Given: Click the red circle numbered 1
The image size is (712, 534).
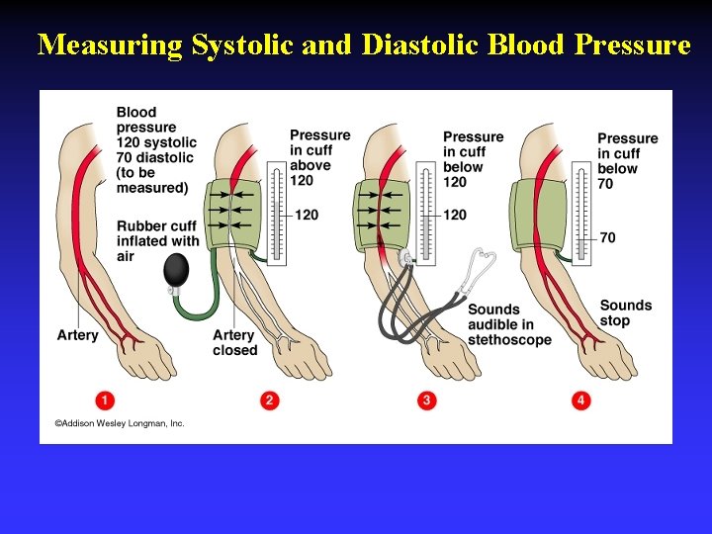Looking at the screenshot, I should pos(105,400).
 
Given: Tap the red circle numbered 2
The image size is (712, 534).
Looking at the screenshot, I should pos(269,400).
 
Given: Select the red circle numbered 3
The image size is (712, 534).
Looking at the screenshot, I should pos(426,400).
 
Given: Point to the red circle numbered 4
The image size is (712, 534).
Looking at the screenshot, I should pos(581,400).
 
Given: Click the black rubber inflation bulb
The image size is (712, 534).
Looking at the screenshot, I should pos(178,269).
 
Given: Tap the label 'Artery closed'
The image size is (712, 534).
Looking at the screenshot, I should pos(234,343).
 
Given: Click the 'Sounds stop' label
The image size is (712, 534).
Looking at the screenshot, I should pos(626,312).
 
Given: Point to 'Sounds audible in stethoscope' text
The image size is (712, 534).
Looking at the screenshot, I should pos(509,324).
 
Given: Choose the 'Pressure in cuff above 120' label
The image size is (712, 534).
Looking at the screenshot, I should pos(319,158).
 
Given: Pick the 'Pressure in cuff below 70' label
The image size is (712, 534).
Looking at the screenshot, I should pos(627,160).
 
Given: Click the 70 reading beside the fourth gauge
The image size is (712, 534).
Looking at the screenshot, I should pos(607,237).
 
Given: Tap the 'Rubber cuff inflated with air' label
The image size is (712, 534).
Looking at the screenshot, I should pos(157,240).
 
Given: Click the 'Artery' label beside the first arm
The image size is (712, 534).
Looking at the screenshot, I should pos(77,335).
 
